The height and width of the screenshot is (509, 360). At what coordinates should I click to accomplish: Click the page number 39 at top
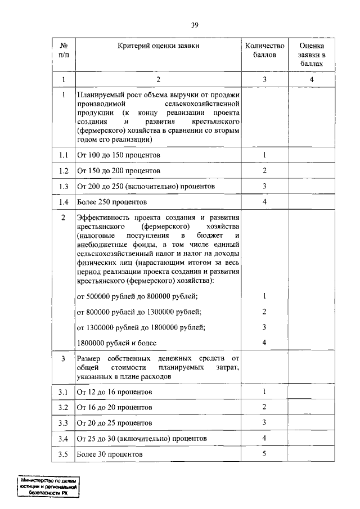[x=195, y=25]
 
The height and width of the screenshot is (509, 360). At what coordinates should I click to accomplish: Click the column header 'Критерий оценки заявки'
[x=158, y=45]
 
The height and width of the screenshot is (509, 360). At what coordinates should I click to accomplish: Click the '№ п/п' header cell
[x=64, y=50]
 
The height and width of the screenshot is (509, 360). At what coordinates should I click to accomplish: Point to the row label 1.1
[x=64, y=155]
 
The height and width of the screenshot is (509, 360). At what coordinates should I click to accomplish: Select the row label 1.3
[x=64, y=186]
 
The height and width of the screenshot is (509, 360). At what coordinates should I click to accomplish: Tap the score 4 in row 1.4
[x=264, y=201]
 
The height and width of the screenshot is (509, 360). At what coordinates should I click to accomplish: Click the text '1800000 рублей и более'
[x=116, y=343]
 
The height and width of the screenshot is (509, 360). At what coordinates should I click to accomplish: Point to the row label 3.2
[x=64, y=407]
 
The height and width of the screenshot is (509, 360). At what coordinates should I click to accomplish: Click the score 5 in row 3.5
[x=264, y=453]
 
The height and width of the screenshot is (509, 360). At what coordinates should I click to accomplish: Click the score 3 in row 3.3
[x=264, y=422]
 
